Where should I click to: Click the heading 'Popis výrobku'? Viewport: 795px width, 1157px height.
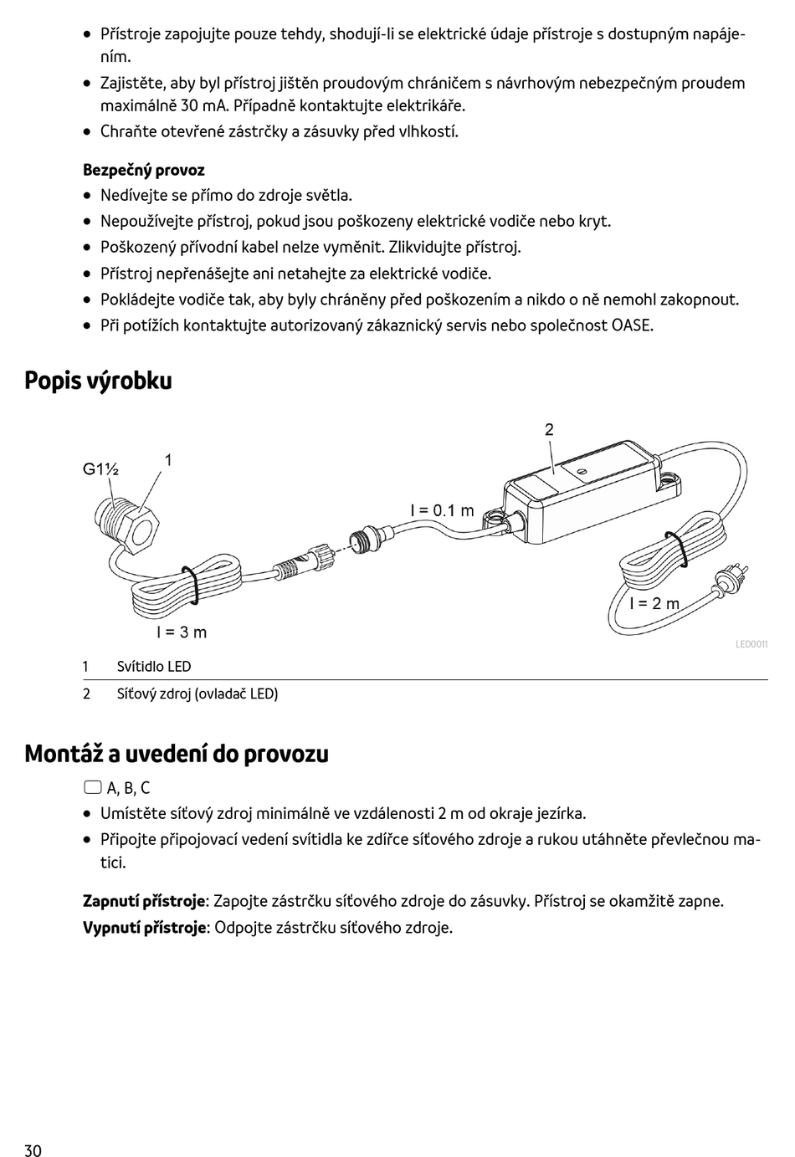coord(98,381)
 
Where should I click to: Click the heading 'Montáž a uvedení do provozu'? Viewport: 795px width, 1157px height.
coord(177,754)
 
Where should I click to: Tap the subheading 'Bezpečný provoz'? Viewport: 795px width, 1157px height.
coord(143,170)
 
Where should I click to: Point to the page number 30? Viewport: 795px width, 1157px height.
coord(33,1150)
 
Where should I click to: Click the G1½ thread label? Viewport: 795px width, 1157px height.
coord(100,469)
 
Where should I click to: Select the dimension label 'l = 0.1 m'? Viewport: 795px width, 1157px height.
coord(442,510)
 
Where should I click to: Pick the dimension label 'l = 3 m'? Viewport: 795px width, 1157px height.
coord(182,632)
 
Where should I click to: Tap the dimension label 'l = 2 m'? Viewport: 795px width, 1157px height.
coord(654,603)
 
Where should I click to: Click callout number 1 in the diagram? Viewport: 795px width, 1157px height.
coord(168,459)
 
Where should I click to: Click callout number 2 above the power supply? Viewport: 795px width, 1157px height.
coord(549,430)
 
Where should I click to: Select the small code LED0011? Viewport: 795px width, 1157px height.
coord(751,644)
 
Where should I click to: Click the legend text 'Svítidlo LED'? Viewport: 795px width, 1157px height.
coord(154,667)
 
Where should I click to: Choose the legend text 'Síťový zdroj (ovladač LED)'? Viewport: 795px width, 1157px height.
coord(197,694)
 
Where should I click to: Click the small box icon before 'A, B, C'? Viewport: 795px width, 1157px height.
coord(92,787)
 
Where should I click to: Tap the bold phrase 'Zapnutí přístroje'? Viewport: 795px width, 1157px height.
coord(144,901)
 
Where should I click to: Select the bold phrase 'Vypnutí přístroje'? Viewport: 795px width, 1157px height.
coord(144,927)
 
